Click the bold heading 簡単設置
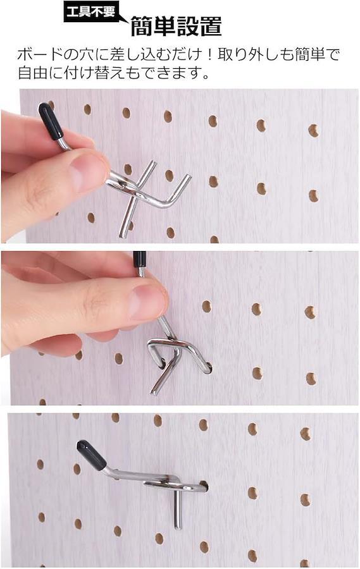pos(176,26)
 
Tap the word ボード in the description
pos(38,55)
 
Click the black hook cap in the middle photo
pos(139,259)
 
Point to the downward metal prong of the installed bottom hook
pos(177,509)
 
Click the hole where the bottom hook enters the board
pos(203,486)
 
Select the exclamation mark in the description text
pos(210,55)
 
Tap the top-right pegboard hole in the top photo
pos(313,130)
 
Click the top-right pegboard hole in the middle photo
pos(310,312)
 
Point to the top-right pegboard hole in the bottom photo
pos(306,434)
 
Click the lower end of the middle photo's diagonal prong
pos(154,391)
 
